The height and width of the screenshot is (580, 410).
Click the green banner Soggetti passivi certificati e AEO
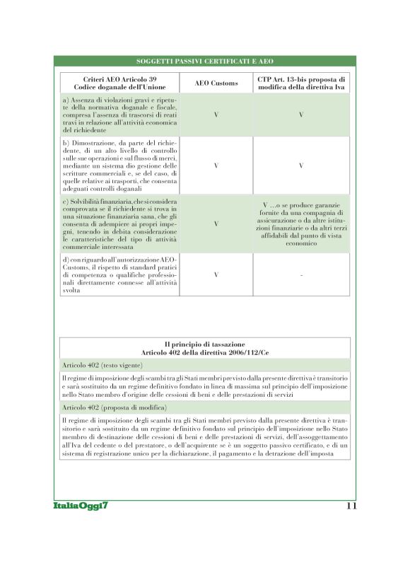[205, 62]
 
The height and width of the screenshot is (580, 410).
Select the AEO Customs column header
[216, 83]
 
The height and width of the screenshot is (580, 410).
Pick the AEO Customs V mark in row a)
[216, 114]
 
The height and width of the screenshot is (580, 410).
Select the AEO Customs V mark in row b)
[216, 166]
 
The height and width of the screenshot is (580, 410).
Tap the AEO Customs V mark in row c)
[216, 224]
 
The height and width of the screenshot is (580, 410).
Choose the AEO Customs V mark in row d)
[216, 274]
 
